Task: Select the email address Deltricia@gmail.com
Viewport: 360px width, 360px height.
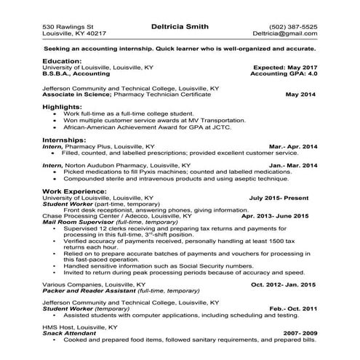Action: [285, 33]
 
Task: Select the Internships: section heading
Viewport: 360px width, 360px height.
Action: [65, 139]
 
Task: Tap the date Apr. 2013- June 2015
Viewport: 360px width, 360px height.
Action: [274, 216]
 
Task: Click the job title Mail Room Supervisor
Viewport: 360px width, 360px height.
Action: [79, 223]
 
